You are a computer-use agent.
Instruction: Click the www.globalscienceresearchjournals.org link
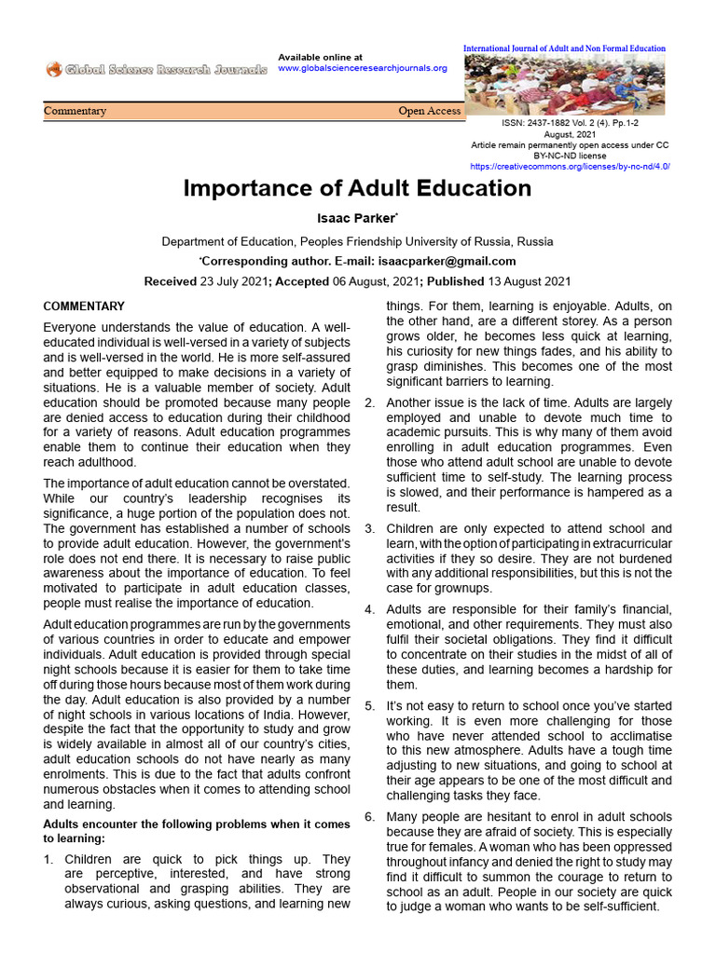[x=363, y=68]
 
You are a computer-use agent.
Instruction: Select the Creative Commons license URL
[x=570, y=166]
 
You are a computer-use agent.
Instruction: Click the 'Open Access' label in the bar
[x=429, y=111]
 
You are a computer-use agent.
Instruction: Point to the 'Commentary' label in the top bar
[x=76, y=111]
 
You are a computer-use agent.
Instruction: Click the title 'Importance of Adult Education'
[x=357, y=188]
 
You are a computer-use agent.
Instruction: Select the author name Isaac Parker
[x=357, y=219]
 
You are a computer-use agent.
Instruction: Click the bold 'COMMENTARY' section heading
[x=84, y=307]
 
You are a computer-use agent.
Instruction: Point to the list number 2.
[x=369, y=402]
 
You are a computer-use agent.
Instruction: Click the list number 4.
[x=369, y=609]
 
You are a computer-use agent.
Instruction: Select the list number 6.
[x=369, y=817]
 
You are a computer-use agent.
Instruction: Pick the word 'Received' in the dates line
[x=170, y=281]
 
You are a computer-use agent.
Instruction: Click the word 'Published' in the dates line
[x=452, y=281]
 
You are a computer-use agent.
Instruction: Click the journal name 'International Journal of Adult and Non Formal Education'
[x=565, y=48]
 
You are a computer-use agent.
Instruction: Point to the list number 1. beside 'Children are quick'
[x=49, y=859]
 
